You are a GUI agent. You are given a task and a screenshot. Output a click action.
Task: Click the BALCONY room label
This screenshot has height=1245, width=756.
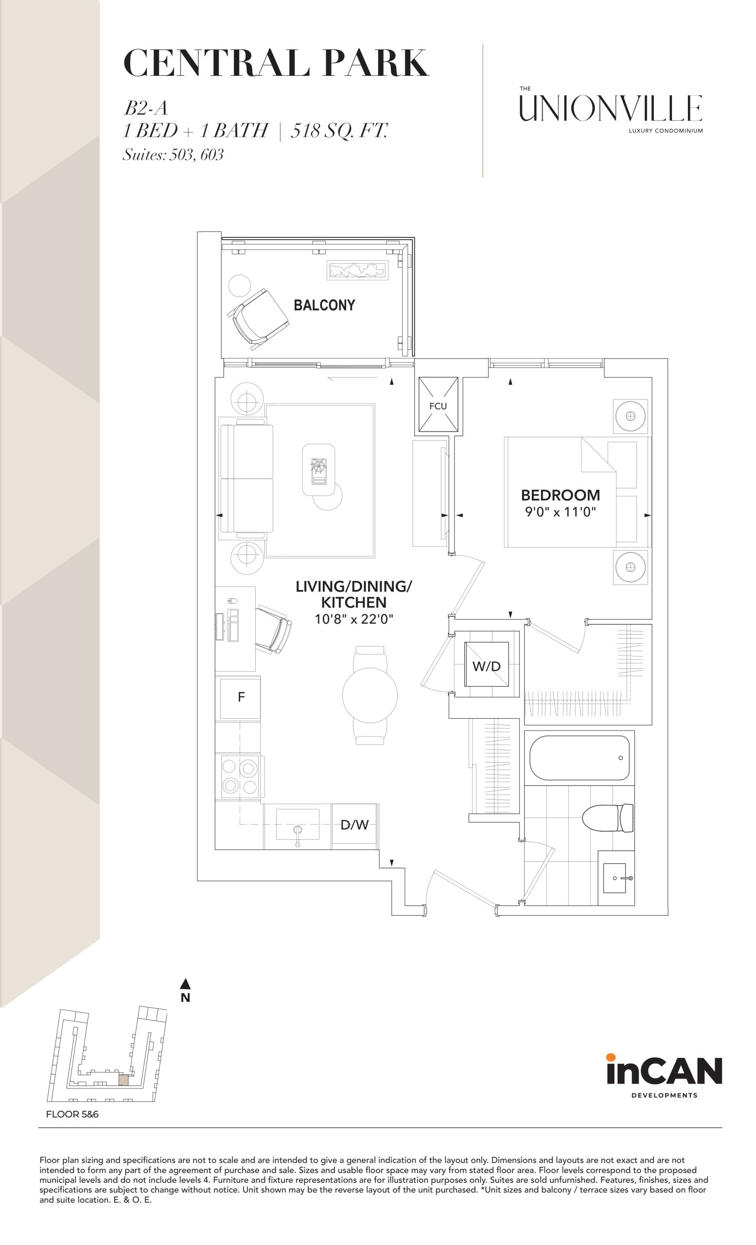tap(324, 305)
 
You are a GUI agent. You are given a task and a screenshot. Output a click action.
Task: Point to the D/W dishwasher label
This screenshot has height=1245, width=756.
tap(354, 825)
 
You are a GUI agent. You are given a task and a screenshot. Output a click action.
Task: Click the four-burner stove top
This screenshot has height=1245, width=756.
tap(240, 777)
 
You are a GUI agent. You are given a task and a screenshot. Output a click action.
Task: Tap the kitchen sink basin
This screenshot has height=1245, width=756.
tap(298, 824)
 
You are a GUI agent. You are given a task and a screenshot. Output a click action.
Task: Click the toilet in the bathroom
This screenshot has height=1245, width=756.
tap(608, 818)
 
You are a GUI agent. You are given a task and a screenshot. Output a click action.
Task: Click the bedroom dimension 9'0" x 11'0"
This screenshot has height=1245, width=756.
tap(561, 512)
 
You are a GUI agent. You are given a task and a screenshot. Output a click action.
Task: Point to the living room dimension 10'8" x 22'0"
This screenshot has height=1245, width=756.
tap(354, 619)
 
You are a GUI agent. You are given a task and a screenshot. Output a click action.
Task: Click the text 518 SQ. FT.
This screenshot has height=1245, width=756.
tap(339, 131)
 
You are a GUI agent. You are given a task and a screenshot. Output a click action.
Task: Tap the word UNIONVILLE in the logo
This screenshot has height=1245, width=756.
tap(611, 108)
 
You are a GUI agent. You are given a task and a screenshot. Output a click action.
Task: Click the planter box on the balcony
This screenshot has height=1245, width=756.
tap(357, 270)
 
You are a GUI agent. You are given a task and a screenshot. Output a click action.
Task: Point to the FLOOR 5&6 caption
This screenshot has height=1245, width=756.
tap(72, 1114)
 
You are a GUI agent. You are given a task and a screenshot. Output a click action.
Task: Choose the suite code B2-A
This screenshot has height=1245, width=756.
tap(145, 108)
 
